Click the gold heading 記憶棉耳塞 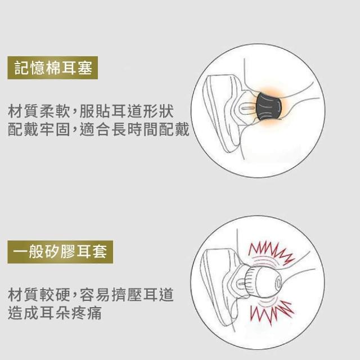(x=52, y=67)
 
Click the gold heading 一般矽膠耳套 (x=60, y=252)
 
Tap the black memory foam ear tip (x=269, y=106)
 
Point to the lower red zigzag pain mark (x=272, y=312)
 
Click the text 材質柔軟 (x=39, y=111)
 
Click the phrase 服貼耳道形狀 (x=127, y=111)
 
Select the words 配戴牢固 (x=39, y=129)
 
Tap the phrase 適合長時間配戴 (x=134, y=129)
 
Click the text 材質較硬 (x=39, y=295)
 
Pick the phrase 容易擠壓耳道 (x=127, y=295)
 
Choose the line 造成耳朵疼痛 (x=55, y=313)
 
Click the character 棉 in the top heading (x=53, y=68)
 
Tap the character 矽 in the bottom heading (x=52, y=252)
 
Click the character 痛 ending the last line (x=94, y=313)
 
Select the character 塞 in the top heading (x=85, y=68)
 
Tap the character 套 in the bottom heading (x=100, y=252)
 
